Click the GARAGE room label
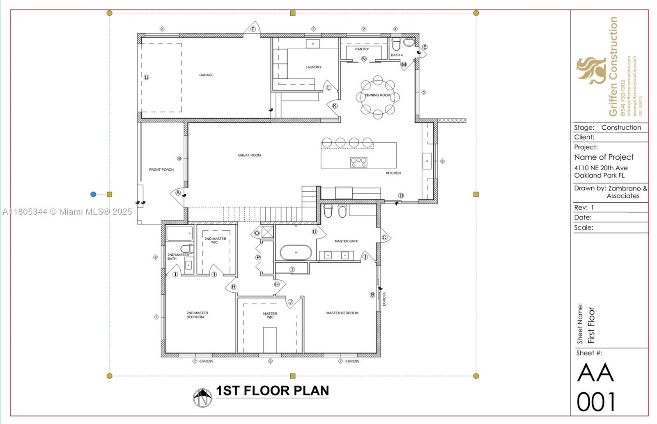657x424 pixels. point(206,75)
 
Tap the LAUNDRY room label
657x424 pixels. point(313,67)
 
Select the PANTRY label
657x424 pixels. point(362,49)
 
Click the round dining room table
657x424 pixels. point(378,97)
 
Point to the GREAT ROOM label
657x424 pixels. point(249,155)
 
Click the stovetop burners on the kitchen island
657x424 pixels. point(358,162)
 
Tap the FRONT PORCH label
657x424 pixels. point(161,170)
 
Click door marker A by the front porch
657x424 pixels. point(178,193)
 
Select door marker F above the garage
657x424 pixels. point(253,29)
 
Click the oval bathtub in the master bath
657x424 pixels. point(296,252)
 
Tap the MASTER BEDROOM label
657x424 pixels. point(342,313)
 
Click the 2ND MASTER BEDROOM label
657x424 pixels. point(197,315)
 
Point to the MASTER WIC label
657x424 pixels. point(270,315)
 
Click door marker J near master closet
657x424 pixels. point(290,302)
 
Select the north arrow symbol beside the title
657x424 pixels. point(202,397)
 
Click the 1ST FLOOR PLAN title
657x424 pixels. point(272,391)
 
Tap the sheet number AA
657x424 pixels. point(595,373)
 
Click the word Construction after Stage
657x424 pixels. point(621,128)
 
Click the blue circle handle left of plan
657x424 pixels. point(93,195)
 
